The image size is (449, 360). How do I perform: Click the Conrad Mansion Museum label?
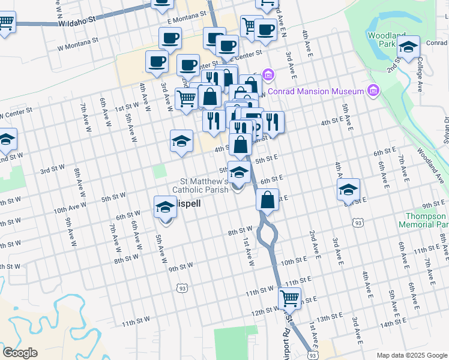point(316,91)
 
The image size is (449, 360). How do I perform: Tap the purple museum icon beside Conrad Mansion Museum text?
point(374,91)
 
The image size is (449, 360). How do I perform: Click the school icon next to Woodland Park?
point(408,46)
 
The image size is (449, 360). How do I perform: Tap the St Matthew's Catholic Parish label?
point(200,185)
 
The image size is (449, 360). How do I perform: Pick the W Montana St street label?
point(77,43)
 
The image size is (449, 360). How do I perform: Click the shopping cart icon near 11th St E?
point(290,297)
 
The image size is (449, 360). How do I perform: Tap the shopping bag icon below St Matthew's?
point(268,200)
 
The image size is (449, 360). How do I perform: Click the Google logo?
point(20,353)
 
